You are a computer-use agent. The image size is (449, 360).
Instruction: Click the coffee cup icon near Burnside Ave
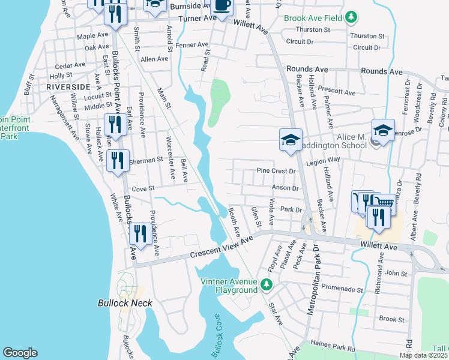222,6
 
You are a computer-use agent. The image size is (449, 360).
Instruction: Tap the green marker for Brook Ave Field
353,18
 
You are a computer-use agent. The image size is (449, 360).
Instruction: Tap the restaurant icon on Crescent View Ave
140,234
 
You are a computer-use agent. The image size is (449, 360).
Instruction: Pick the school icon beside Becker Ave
291,140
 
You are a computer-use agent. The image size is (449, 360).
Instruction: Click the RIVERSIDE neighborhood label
67,86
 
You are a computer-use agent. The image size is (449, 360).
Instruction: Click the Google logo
20,353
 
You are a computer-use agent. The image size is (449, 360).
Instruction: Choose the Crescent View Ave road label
221,247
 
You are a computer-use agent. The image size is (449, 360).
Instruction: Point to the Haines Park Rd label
334,347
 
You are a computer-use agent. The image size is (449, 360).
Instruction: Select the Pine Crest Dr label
277,171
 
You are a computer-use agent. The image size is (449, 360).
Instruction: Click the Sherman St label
148,160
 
